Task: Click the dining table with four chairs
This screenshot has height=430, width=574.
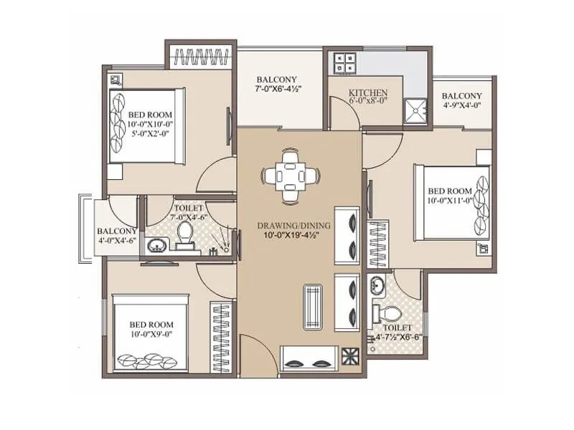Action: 290,175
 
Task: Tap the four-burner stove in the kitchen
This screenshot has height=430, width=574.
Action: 339,62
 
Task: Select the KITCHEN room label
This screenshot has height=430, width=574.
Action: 368,93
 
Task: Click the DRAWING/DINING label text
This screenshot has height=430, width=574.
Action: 294,226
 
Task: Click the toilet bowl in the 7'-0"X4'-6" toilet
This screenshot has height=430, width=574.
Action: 184,235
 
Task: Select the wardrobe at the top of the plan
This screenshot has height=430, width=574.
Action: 201,56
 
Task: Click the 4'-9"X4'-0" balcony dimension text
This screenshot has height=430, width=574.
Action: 461,106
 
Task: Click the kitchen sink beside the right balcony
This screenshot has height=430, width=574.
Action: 413,109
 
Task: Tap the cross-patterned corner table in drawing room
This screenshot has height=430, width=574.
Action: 352,356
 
